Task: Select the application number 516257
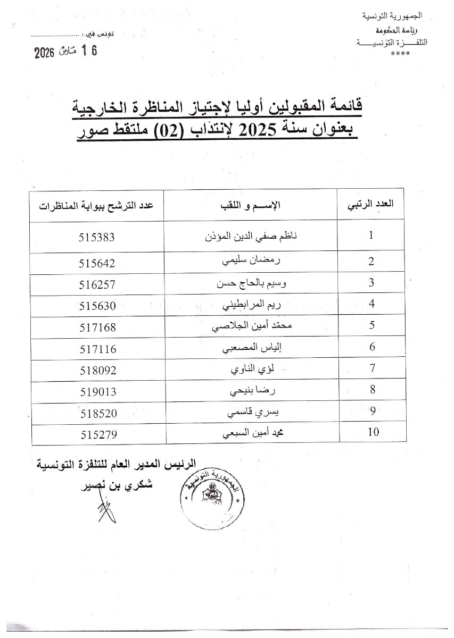coord(98,283)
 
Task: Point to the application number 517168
coord(98,325)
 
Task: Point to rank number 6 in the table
coord(372,347)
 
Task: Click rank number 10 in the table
coord(373,432)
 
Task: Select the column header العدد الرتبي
coord(374,206)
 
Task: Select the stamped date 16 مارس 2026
coord(66,52)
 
